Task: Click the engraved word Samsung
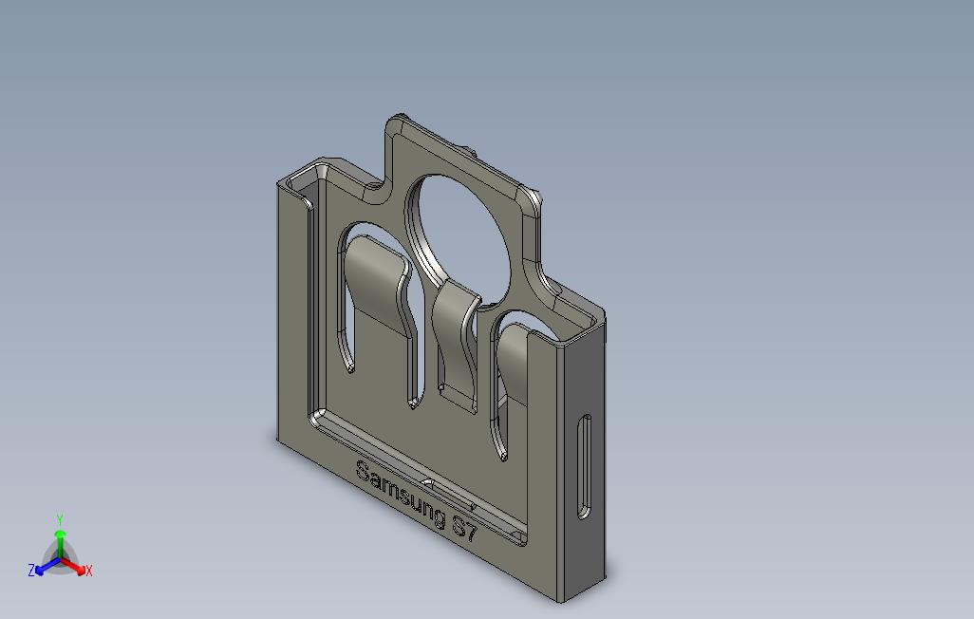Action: point(401,493)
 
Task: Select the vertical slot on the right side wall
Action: point(584,466)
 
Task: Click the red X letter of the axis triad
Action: point(89,571)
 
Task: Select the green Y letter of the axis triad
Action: point(60,519)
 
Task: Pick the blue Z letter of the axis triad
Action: point(31,570)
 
